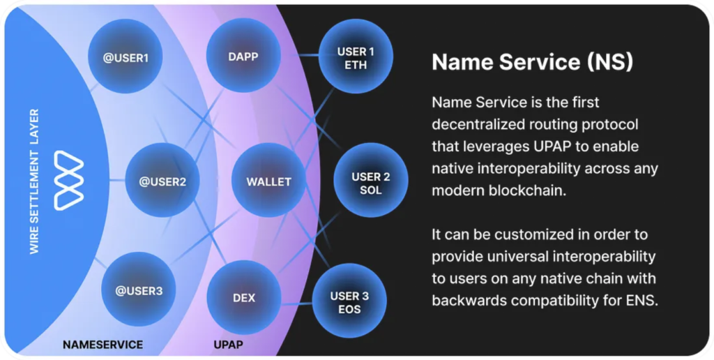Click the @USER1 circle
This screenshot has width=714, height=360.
(126, 57)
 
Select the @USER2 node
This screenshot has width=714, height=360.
(162, 181)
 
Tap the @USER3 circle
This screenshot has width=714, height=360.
(139, 290)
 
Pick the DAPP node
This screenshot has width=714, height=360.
(243, 57)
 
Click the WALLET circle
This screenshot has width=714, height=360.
(268, 181)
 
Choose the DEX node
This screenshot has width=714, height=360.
(244, 298)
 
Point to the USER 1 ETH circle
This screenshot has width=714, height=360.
(356, 58)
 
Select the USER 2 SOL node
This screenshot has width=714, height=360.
(371, 183)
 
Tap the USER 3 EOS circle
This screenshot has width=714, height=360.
(349, 302)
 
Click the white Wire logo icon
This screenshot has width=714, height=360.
(69, 180)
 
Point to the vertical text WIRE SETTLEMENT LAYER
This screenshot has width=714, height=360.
(35, 181)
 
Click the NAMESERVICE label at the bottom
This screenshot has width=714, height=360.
(102, 345)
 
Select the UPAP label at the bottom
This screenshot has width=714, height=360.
(229, 345)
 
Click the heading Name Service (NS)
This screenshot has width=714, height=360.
(532, 62)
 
